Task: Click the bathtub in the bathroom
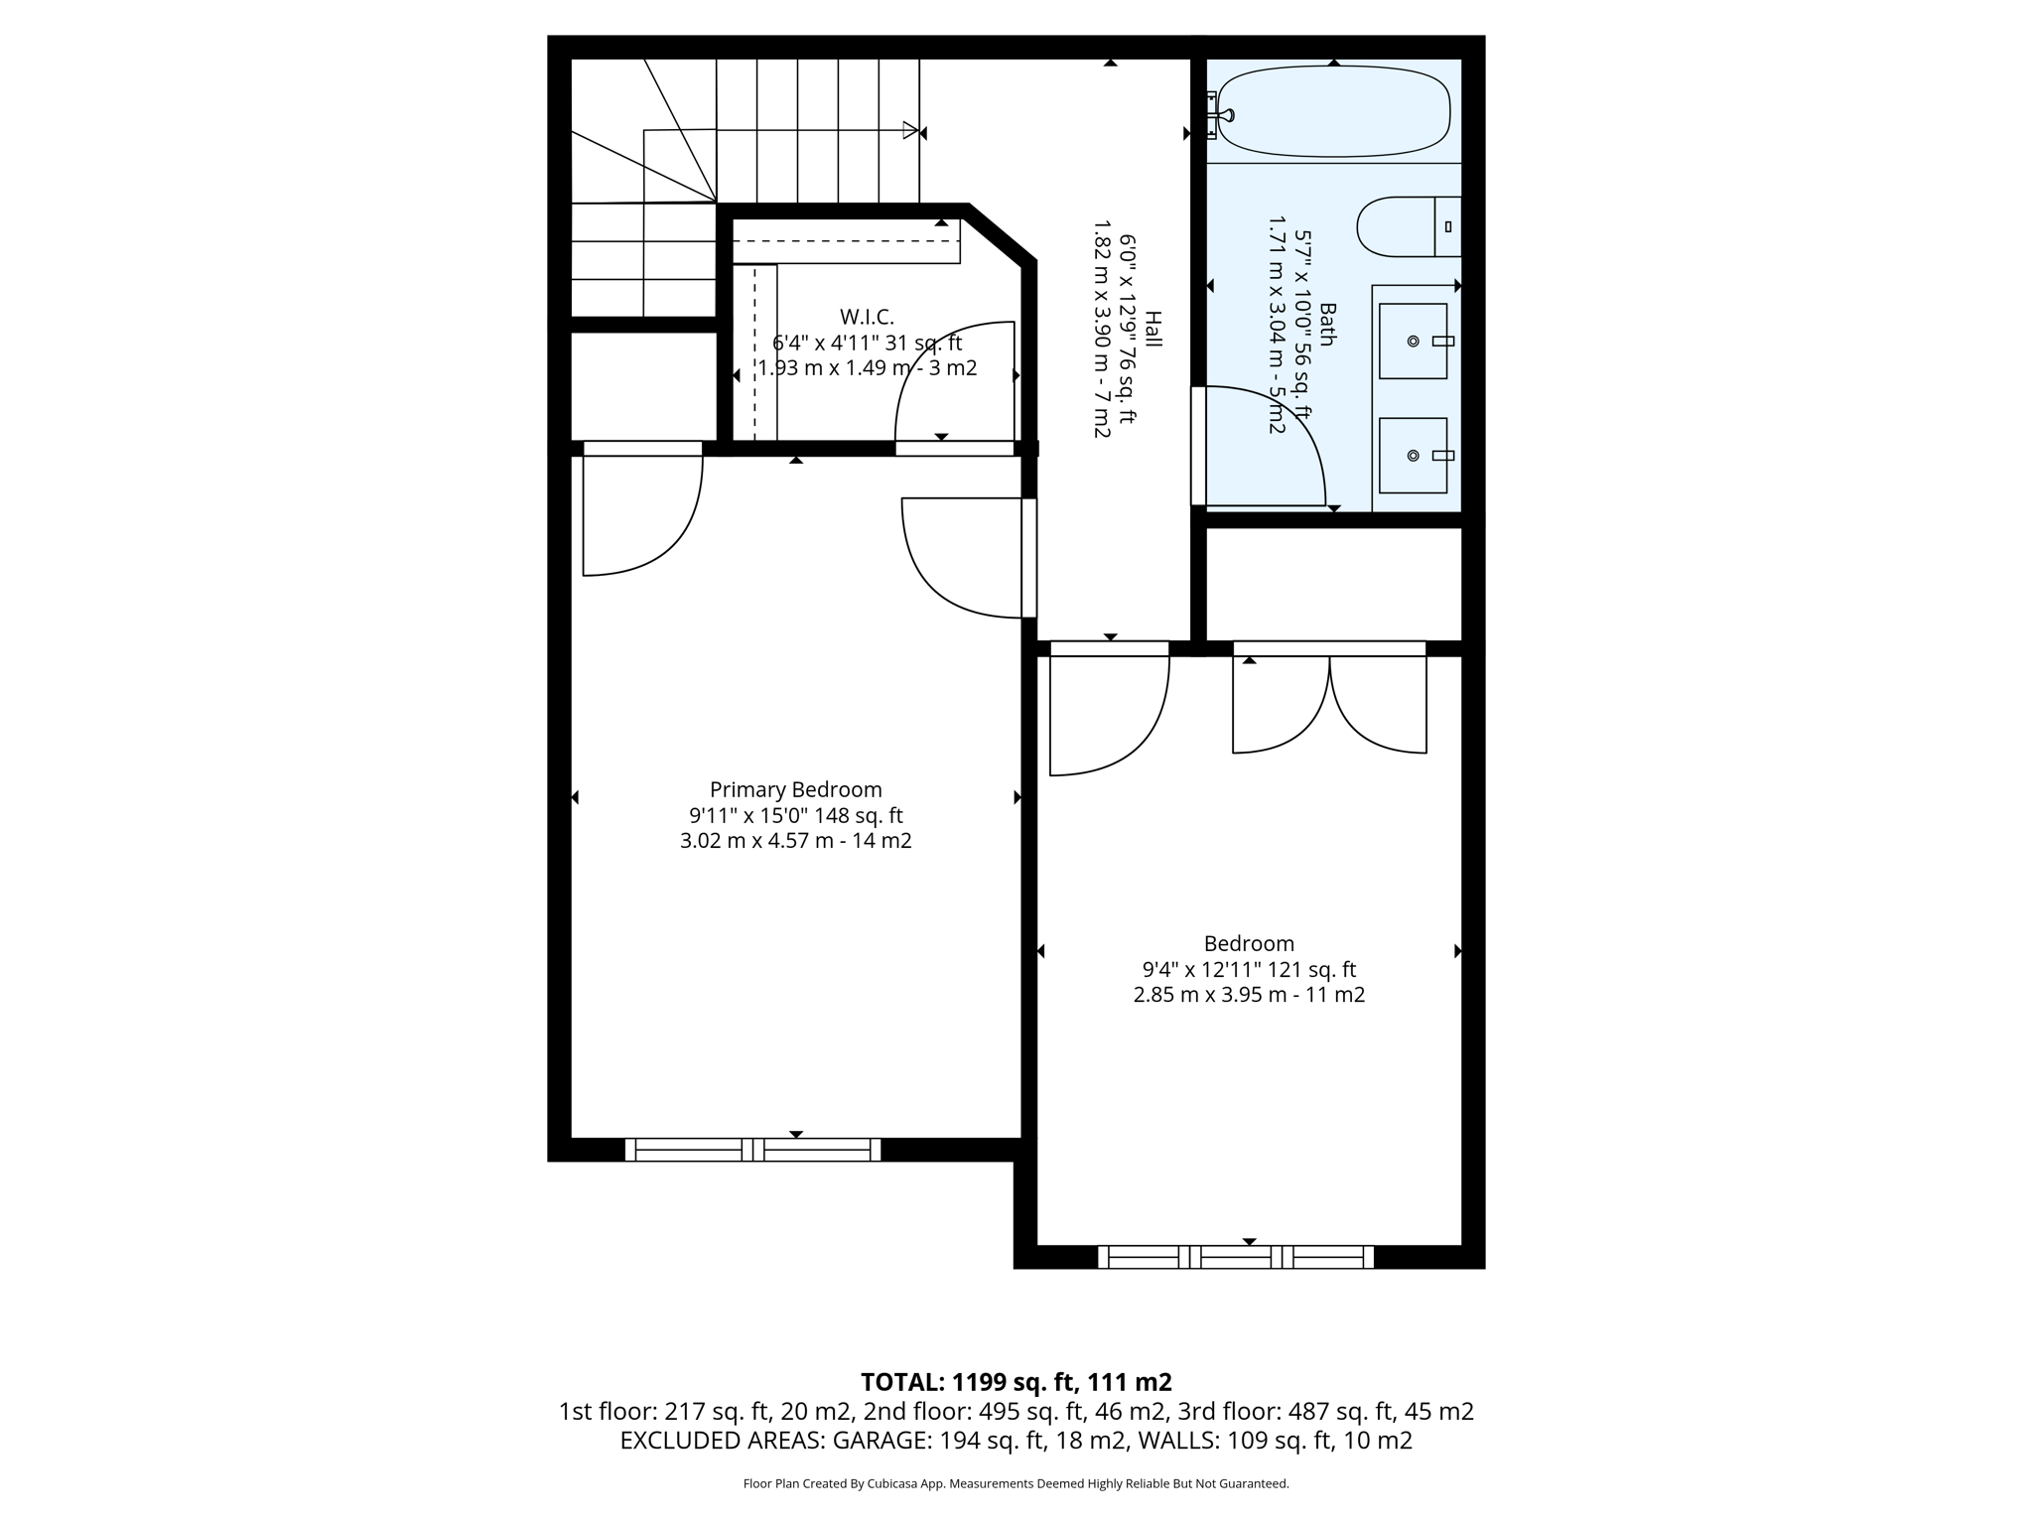(1335, 111)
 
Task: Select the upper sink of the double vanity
(1414, 341)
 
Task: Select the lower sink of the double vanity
(1414, 456)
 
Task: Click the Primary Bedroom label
(795, 790)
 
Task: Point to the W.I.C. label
(867, 317)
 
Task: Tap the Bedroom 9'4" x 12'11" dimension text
(1249, 970)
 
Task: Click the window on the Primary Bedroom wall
(752, 1150)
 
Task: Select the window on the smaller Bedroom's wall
(1236, 1257)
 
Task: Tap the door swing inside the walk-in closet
(953, 382)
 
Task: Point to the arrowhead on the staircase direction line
(910, 130)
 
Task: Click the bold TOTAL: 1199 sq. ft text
(1016, 1382)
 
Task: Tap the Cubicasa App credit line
(1016, 1484)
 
